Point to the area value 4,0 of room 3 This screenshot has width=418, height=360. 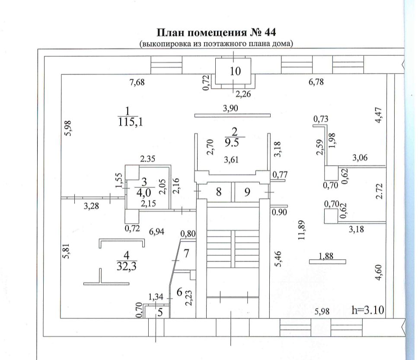point(144,191)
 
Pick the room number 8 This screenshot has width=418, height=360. point(219,192)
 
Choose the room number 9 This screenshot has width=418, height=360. point(247,192)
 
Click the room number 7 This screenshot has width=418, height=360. point(186,253)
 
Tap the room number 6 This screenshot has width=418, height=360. point(179,292)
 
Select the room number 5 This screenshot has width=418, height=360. point(160,312)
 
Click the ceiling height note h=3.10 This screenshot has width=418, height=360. point(368,310)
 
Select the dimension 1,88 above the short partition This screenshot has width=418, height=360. point(327,257)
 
